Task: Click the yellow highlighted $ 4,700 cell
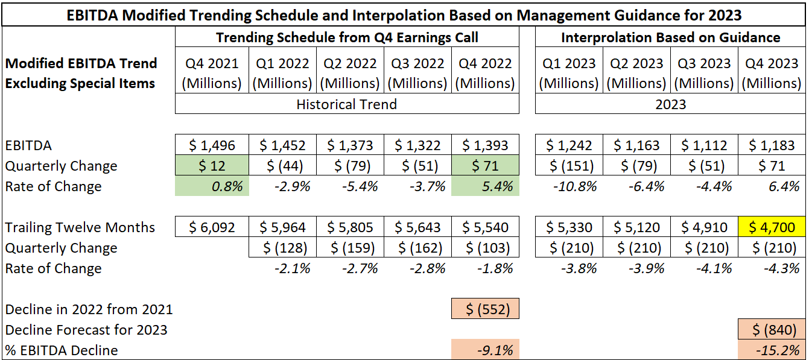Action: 772,227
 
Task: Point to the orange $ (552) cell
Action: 485,309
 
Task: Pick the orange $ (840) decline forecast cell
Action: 772,330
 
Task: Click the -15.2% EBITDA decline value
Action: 772,350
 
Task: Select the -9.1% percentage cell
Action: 485,350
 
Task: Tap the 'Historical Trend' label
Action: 346,104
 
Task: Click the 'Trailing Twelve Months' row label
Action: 80,227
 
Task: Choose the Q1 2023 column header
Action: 568,73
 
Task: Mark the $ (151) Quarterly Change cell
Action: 568,166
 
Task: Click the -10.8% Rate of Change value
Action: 568,186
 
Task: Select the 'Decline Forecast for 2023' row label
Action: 86,330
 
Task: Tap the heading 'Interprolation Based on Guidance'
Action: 670,37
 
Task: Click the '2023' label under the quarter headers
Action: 670,104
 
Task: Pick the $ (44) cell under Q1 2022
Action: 282,166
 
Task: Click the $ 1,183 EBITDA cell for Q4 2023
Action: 772,145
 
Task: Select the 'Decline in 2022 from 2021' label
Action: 89,309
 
